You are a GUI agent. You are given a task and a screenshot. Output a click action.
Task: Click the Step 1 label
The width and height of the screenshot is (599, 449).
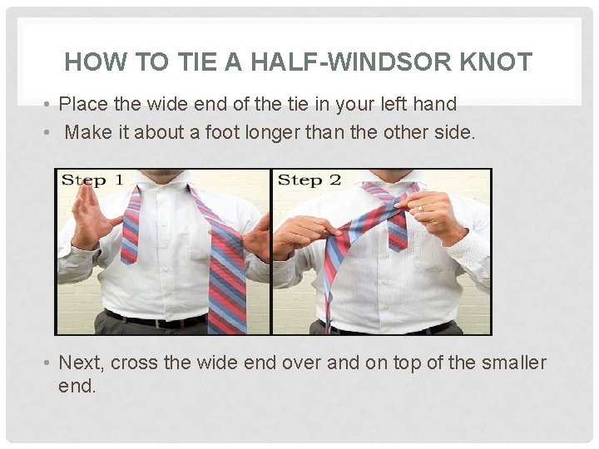pyautogui.click(x=92, y=180)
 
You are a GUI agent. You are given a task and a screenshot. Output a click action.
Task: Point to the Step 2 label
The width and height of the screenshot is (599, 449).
pyautogui.click(x=309, y=180)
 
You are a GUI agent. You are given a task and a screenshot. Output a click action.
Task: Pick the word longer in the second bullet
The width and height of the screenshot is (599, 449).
pyautogui.click(x=277, y=132)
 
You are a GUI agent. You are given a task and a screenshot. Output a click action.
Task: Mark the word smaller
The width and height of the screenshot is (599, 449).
pyautogui.click(x=509, y=363)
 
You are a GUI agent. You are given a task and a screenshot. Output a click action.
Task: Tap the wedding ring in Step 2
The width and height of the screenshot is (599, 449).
pyautogui.click(x=420, y=208)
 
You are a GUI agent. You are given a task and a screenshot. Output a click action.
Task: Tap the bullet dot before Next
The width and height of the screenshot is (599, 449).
pyautogui.click(x=49, y=363)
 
